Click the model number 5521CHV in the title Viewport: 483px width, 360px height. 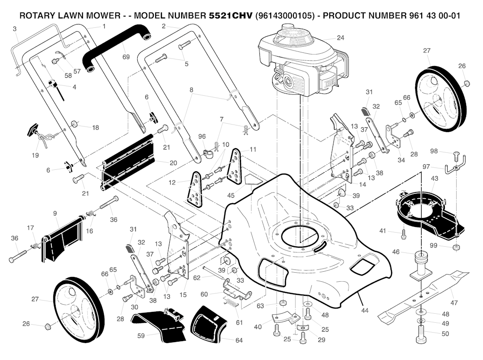(230, 15)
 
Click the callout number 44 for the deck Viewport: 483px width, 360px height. (364, 311)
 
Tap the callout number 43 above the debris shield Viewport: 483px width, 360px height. (434, 179)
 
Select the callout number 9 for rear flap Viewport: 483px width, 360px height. (55, 213)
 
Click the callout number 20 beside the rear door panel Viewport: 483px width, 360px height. (173, 163)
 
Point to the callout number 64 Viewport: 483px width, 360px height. (239, 340)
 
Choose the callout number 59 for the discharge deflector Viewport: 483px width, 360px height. (140, 335)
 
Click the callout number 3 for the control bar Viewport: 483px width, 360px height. (15, 29)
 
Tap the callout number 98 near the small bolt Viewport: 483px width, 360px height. (434, 151)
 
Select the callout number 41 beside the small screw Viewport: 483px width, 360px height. (383, 231)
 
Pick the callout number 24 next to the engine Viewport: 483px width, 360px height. (341, 37)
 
